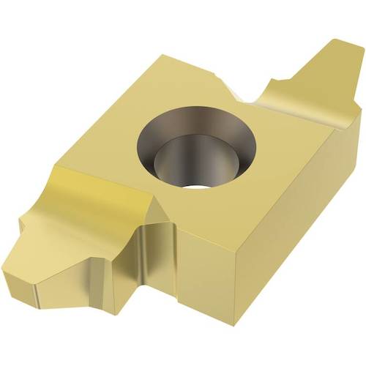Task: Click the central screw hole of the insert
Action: click(198, 143)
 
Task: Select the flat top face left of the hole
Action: click(124, 132)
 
